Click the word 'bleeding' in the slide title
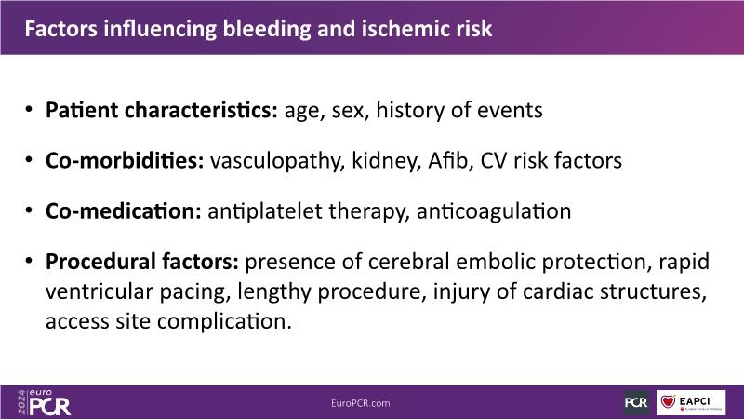(267, 30)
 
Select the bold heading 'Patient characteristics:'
(162, 110)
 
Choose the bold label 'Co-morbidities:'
(125, 160)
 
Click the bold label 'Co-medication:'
(124, 211)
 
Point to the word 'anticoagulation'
(494, 212)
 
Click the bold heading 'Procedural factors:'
(142, 262)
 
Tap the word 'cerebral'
(408, 262)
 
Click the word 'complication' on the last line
(224, 322)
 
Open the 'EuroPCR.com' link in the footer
(361, 403)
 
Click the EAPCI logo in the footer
(691, 403)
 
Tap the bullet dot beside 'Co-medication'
(30, 209)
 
